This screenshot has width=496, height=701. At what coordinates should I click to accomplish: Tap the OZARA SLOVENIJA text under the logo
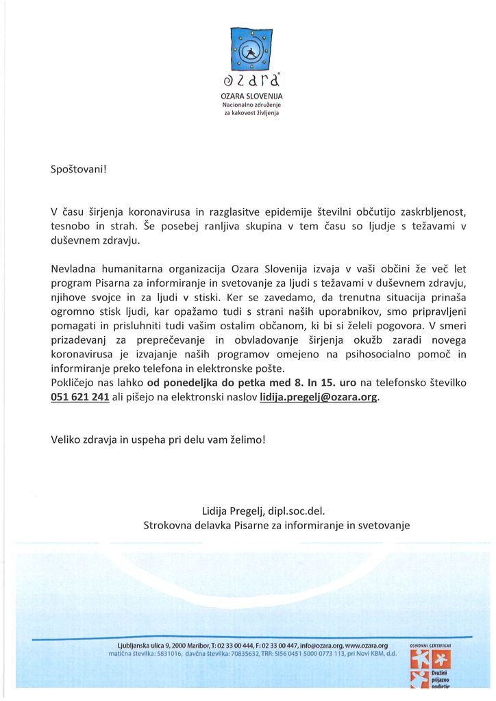251,97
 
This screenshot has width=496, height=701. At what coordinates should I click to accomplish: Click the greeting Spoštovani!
79,168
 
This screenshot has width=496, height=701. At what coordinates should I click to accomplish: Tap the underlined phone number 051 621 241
80,397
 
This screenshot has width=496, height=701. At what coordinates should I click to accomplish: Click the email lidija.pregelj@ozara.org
319,397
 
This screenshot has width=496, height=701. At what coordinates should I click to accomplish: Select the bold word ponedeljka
203,383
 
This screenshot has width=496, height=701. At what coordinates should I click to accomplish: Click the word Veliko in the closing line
67,439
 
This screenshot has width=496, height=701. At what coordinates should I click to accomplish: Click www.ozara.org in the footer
367,646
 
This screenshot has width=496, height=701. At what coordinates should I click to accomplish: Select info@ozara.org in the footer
319,646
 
